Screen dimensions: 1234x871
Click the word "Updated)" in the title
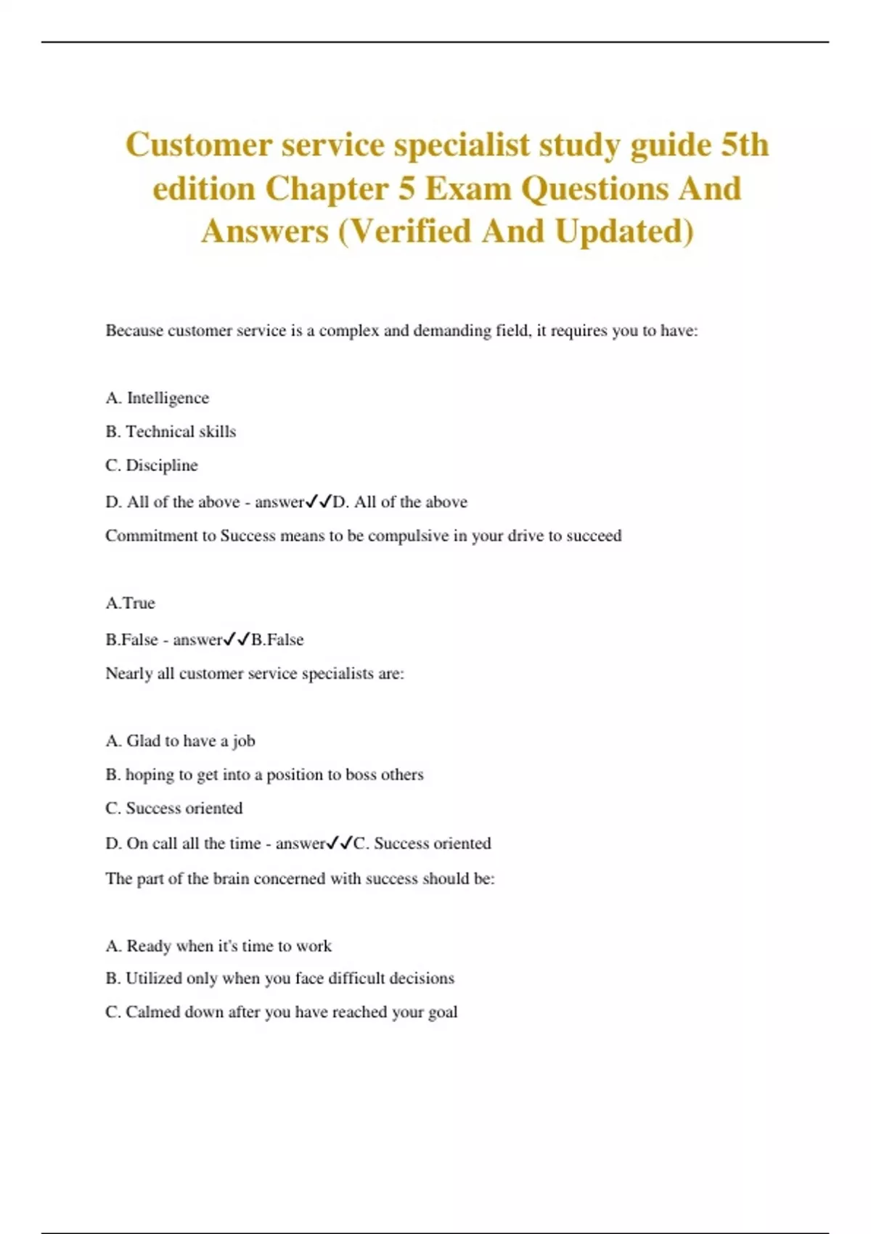pyautogui.click(x=624, y=232)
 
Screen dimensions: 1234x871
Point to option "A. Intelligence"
pyautogui.click(x=157, y=398)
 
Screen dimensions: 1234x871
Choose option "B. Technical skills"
pyautogui.click(x=171, y=431)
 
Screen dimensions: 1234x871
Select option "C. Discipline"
pyautogui.click(x=152, y=465)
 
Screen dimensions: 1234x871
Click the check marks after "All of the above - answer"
pyautogui.click(x=318, y=501)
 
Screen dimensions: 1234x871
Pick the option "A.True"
pyautogui.click(x=130, y=603)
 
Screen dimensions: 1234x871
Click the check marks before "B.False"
pyautogui.click(x=237, y=639)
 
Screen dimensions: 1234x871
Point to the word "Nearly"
pyautogui.click(x=128, y=674)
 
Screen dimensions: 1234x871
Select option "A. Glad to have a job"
pyautogui.click(x=180, y=741)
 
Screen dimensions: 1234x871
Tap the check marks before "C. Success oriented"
pyautogui.click(x=339, y=843)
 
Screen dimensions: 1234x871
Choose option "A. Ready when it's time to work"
pyautogui.click(x=218, y=946)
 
